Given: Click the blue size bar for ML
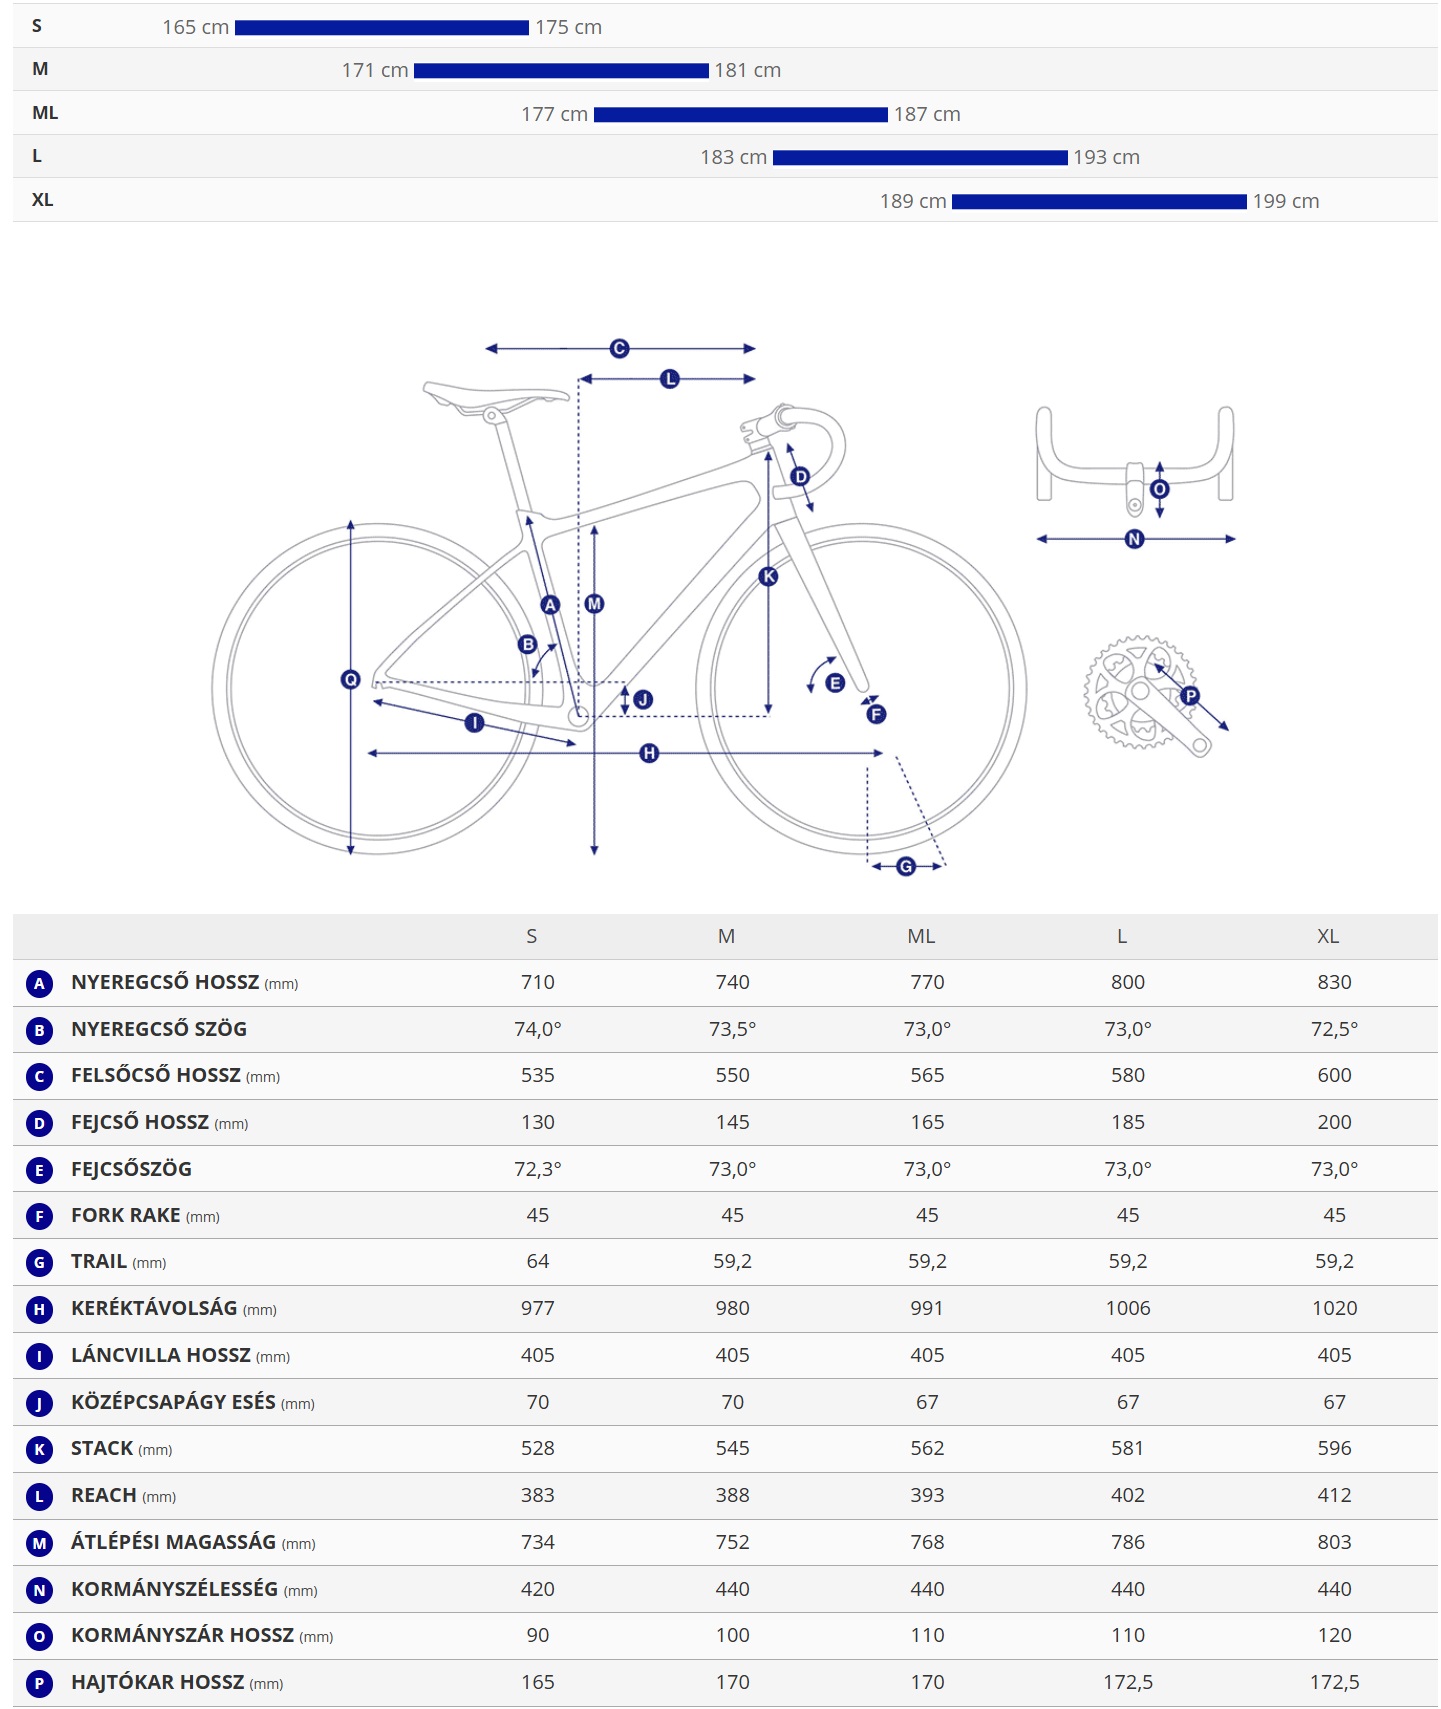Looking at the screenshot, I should coord(740,115).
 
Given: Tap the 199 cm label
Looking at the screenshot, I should coord(1285,201).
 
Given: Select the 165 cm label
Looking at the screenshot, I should coord(195,28).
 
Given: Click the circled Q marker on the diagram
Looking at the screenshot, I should coord(350,680).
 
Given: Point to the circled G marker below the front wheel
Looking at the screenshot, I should coord(906,866).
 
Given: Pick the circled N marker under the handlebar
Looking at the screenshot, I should coord(1134,539).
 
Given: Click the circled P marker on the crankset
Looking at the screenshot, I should coord(1190,696).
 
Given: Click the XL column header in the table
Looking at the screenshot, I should coord(1327,936).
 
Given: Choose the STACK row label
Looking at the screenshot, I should coord(102,1448).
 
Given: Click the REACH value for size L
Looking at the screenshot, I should coord(1127,1495).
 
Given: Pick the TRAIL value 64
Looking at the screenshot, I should coord(537,1261).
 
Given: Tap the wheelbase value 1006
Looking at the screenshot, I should coord(1127,1308).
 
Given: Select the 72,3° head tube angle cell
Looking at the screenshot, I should coord(537,1168).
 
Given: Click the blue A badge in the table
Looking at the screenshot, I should coord(39,983).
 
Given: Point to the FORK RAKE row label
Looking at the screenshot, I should coord(126,1215).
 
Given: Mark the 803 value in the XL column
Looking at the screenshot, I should coord(1334,1542).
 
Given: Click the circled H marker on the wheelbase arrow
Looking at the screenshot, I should coord(649,753).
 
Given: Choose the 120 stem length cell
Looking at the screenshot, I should coord(1334,1635).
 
